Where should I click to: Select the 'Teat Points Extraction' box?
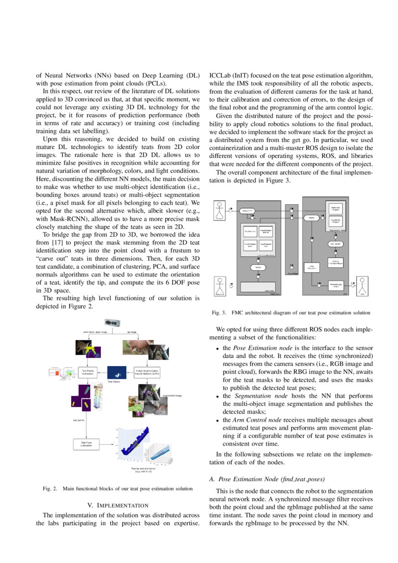pos(88,372)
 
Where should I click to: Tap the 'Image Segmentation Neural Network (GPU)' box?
pos(148,372)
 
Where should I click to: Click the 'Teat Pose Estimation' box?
pos(86,444)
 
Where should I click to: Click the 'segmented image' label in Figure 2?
pos(172,394)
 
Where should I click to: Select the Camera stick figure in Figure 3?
pos(220,209)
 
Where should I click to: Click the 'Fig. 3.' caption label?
pos(219,313)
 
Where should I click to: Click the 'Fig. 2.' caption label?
pos(50,489)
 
